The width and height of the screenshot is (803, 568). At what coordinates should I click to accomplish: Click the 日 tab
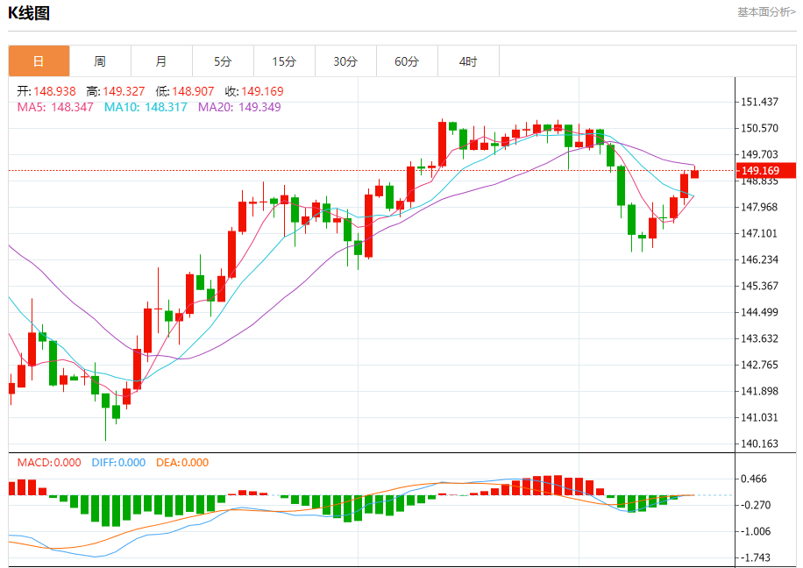[39, 61]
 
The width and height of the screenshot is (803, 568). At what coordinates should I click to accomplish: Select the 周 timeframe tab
[100, 61]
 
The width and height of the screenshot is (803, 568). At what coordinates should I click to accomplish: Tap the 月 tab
[161, 61]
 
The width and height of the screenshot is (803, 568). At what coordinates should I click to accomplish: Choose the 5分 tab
[223, 61]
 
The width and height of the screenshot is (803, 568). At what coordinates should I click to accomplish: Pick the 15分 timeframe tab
[284, 61]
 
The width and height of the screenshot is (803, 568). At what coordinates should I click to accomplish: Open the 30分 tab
[345, 61]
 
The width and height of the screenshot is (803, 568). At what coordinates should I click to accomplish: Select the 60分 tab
[407, 61]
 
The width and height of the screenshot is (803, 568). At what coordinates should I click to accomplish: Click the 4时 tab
[468, 61]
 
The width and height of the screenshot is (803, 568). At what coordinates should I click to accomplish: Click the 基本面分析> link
[766, 12]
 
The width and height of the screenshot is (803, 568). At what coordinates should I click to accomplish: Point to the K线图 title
[29, 13]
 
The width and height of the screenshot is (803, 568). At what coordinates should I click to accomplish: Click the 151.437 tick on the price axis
[760, 103]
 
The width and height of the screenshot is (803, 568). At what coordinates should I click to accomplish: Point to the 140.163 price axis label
[760, 444]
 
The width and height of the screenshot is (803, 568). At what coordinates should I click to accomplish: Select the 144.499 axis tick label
[760, 313]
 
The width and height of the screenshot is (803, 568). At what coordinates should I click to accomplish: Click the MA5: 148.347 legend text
[55, 107]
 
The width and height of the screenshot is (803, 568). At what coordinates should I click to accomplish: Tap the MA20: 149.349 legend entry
[239, 107]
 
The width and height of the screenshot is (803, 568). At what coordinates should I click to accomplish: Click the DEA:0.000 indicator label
[182, 463]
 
